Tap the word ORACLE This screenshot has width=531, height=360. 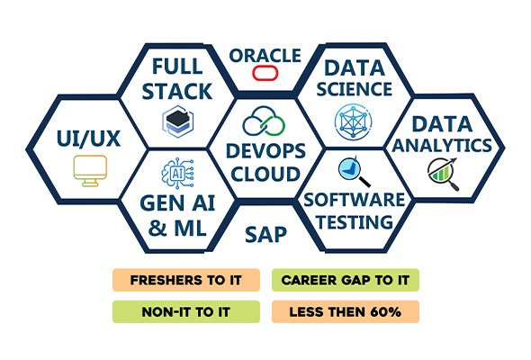point(265,56)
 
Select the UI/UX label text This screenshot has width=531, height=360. point(89,139)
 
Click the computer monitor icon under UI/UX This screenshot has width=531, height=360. point(90,171)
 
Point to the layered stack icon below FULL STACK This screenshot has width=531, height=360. point(178,121)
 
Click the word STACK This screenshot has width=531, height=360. point(177,92)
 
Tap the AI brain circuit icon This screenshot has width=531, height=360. point(178,173)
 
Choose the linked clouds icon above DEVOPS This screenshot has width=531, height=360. point(264,121)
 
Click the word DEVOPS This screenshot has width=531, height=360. point(265,151)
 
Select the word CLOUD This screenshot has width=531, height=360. point(265,174)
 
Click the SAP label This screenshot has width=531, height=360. point(265,234)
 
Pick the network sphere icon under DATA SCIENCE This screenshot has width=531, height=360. point(353,121)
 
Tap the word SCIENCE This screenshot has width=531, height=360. point(355,89)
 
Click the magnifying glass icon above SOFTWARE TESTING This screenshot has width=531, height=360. point(354,171)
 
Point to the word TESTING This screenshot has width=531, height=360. point(355,222)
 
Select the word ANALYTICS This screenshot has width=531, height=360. point(442,146)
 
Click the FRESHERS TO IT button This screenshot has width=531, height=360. point(186,280)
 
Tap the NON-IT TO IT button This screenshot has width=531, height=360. point(186,311)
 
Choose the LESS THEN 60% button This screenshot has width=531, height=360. point(346,311)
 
